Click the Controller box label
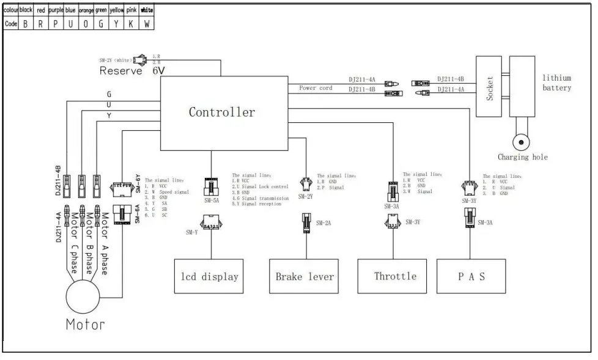[x=221, y=112]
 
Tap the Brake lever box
[x=305, y=277]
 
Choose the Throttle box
[x=395, y=276]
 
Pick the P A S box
[x=471, y=277]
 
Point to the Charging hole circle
[x=521, y=142]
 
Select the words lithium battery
[x=556, y=83]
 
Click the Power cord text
[x=316, y=88]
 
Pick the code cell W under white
[x=147, y=24]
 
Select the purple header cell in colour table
[x=56, y=10]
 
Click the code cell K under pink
[x=131, y=24]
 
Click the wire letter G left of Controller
[x=109, y=94]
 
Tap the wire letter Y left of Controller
[x=109, y=115]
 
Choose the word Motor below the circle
[x=85, y=324]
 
